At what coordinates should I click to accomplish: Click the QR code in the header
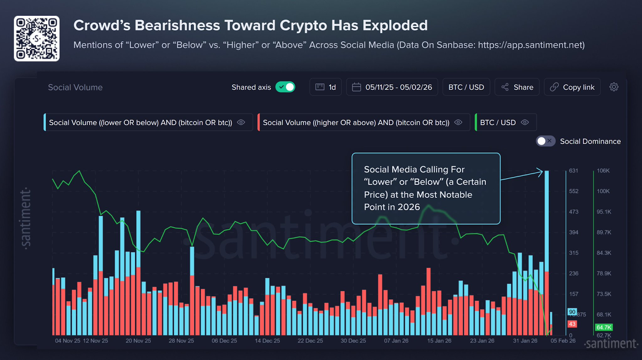point(37,39)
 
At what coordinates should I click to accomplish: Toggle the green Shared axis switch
point(285,87)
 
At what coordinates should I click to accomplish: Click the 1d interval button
point(325,87)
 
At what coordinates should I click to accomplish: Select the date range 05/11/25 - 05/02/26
point(392,87)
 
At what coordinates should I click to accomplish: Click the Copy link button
point(572,87)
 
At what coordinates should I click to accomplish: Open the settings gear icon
point(614,87)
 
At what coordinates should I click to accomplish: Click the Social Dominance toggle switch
point(545,141)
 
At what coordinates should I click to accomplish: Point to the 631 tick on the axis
point(573,171)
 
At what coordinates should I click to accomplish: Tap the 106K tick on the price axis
point(603,171)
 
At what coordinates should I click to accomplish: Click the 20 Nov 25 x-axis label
point(138,341)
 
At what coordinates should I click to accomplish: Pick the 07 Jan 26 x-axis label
point(396,341)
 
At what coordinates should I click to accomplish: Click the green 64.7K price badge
point(603,327)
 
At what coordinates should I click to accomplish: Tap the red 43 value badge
point(572,324)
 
